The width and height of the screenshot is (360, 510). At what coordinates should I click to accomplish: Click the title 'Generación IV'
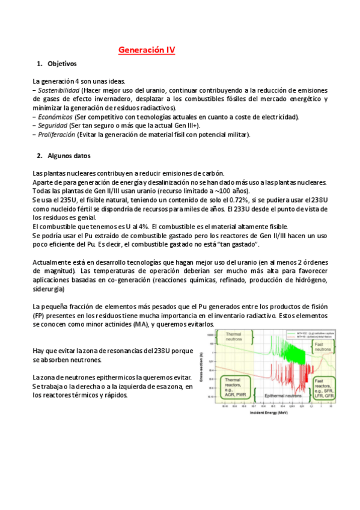click(147, 50)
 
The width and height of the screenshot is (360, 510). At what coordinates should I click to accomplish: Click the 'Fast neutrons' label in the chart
click(319, 347)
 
